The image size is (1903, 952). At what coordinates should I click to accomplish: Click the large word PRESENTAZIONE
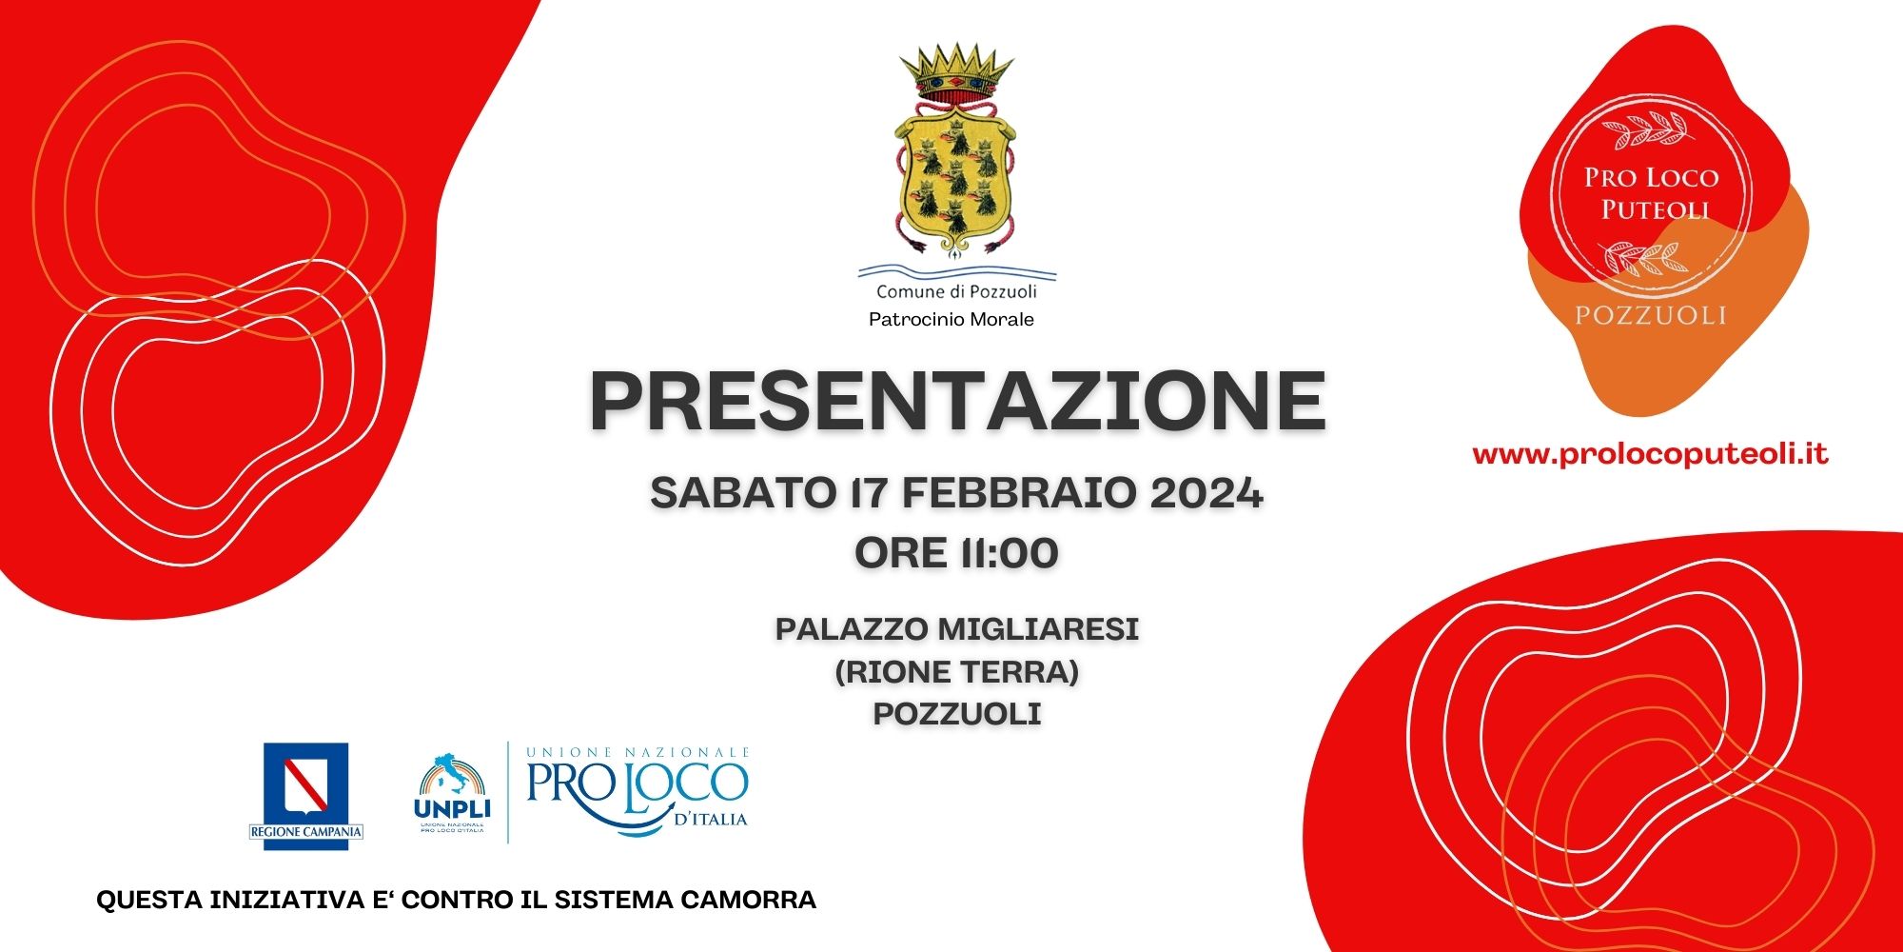[957, 403]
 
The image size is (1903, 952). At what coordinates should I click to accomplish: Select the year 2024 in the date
[1207, 493]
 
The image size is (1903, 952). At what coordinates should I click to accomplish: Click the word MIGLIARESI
[1038, 629]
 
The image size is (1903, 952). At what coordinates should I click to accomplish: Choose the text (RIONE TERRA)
[957, 672]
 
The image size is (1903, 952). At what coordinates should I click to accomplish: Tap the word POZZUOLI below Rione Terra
[957, 714]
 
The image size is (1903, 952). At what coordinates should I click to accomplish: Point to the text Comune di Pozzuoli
[956, 291]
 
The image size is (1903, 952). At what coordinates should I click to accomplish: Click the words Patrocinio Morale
[951, 320]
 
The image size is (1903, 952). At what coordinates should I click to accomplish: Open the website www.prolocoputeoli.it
[1650, 454]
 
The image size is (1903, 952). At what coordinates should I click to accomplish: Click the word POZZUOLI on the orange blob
[1651, 315]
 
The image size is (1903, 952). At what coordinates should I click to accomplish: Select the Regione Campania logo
[305, 794]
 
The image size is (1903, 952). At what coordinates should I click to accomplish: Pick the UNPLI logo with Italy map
[452, 792]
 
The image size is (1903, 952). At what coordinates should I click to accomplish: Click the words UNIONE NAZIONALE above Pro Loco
[638, 752]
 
